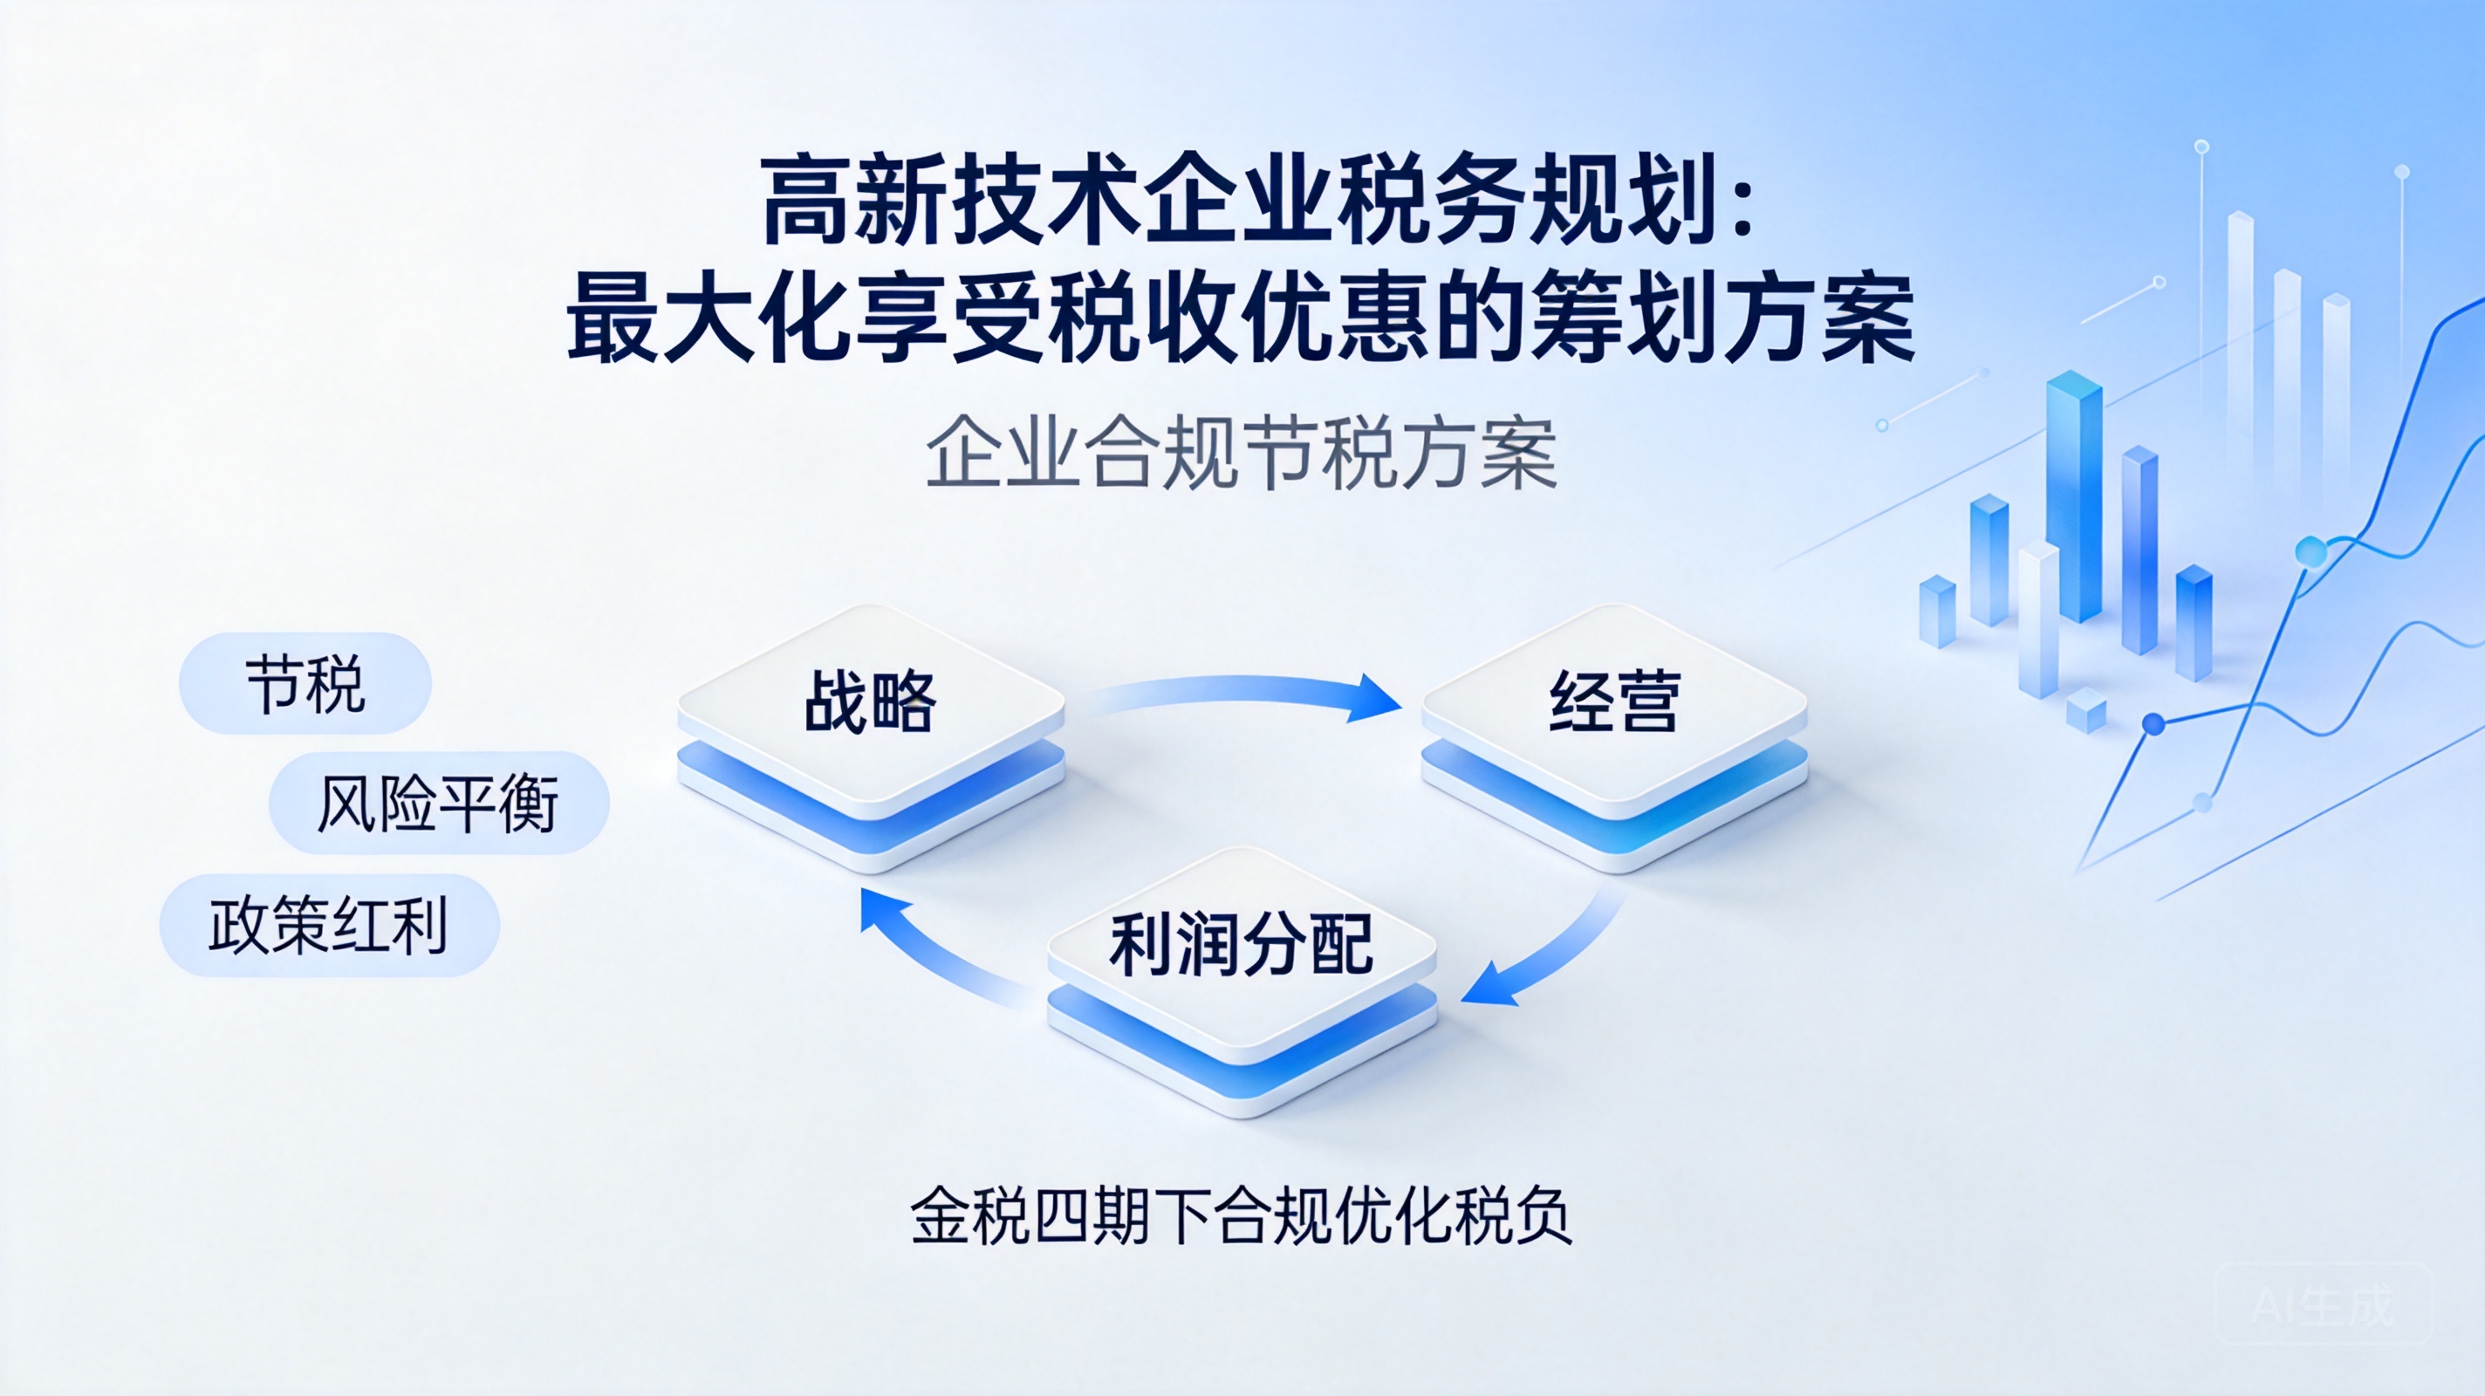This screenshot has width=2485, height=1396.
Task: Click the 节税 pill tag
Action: tap(305, 683)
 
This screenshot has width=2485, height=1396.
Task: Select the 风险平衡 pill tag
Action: tap(439, 803)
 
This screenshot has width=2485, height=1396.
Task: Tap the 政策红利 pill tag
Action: tap(329, 925)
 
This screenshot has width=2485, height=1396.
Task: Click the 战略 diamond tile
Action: tap(870, 738)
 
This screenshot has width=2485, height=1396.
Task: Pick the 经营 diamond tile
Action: tap(1614, 738)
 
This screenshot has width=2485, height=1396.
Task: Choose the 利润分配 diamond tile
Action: tap(1242, 982)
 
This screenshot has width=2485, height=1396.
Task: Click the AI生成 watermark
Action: tap(2323, 1306)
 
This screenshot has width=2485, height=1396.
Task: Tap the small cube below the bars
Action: tap(2085, 711)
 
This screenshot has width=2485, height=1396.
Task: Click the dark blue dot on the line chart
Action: tap(2153, 723)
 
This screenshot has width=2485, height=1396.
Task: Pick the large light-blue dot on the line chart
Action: tap(2310, 551)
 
